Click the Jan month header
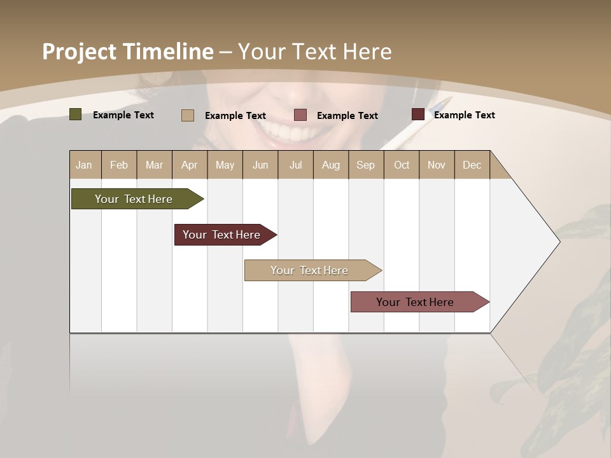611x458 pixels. point(84,165)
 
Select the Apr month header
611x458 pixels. point(189,165)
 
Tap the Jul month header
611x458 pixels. point(295,165)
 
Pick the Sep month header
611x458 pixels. point(365,165)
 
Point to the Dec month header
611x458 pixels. point(472,165)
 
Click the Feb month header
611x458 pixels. point(119,165)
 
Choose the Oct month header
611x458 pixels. point(402,165)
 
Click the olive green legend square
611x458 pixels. point(75,114)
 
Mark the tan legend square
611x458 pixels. point(188,115)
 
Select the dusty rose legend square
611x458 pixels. point(300,115)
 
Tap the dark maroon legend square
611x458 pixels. point(418,114)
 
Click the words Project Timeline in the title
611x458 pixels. point(127,52)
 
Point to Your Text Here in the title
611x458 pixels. point(315,52)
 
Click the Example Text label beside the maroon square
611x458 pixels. point(464,115)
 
